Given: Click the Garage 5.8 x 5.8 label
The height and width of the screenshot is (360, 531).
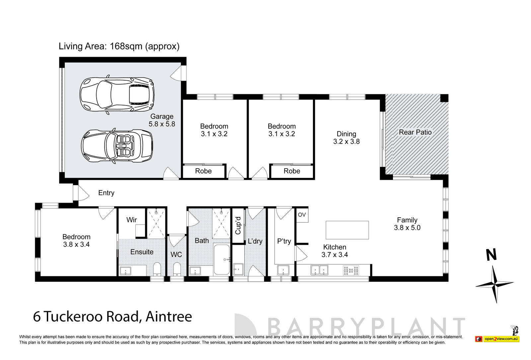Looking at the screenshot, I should pyautogui.click(x=162, y=120).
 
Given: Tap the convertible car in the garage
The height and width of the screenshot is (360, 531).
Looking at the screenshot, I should pyautogui.click(x=117, y=146).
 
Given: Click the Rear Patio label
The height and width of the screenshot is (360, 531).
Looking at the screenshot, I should pyautogui.click(x=415, y=132).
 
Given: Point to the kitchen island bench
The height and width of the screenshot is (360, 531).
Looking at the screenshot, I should pyautogui.click(x=347, y=230).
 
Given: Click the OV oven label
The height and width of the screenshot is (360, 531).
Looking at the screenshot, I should pyautogui.click(x=302, y=215).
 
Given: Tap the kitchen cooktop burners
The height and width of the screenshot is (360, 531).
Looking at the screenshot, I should pyautogui.click(x=351, y=270).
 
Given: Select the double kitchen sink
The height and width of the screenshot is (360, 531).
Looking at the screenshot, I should pyautogui.click(x=319, y=270).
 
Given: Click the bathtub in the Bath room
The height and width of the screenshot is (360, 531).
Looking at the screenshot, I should pyautogui.click(x=221, y=259).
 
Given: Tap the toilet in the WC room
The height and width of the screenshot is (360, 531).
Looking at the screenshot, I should pyautogui.click(x=177, y=270).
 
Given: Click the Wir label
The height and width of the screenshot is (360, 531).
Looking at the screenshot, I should pyautogui.click(x=131, y=220).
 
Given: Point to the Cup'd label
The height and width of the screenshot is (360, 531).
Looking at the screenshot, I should pyautogui.click(x=238, y=225).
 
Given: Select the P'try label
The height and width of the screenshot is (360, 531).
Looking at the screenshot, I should pyautogui.click(x=284, y=241).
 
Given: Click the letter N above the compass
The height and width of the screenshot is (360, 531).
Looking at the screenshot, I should pyautogui.click(x=492, y=255).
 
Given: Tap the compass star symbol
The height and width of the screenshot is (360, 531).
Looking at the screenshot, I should pyautogui.click(x=495, y=284).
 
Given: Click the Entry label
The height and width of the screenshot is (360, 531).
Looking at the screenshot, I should pyautogui.click(x=106, y=193).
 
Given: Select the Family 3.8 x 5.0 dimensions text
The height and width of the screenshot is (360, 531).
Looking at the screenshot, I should pyautogui.click(x=407, y=228).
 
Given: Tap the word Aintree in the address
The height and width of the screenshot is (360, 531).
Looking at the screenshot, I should pyautogui.click(x=169, y=316).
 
